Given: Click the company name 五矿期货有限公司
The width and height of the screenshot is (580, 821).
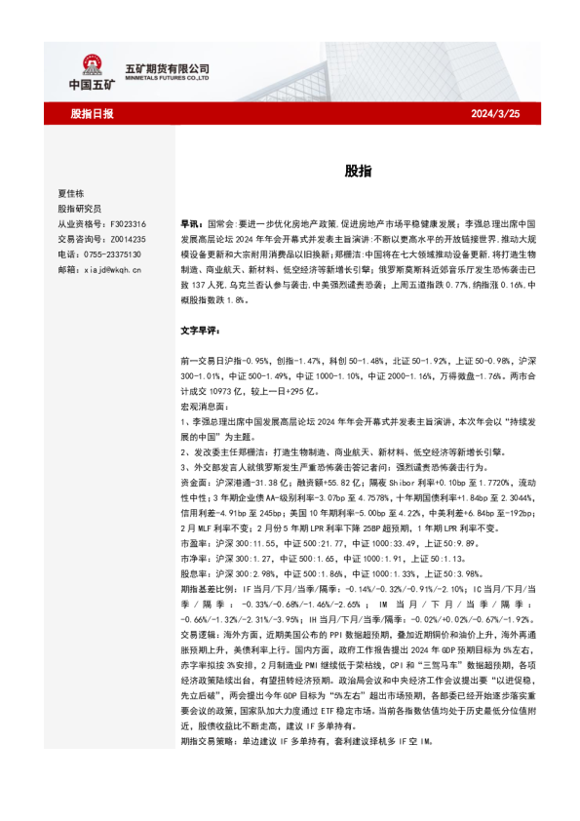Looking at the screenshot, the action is point(168,68).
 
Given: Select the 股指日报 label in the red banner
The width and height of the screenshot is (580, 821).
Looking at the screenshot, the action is point(93,114).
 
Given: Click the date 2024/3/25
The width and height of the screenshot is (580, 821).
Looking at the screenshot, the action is point(495,114).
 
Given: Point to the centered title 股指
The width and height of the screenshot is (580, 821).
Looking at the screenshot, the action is point(357,170).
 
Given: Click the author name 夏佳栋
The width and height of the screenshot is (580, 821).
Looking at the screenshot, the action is point(72,193).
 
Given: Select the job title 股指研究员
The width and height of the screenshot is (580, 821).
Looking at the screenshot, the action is point(79,209).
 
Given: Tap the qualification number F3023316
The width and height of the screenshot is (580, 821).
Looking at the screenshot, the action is point(128,223).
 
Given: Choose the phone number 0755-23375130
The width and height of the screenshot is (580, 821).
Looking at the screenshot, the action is point(113,254).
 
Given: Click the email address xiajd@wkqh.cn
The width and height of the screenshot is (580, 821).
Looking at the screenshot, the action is point(113,268).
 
